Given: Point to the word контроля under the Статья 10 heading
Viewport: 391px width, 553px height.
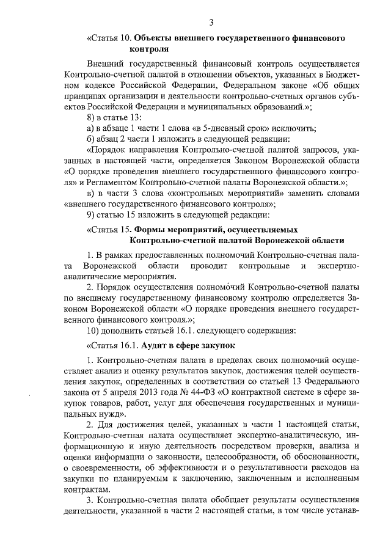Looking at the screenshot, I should click(x=149, y=49).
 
